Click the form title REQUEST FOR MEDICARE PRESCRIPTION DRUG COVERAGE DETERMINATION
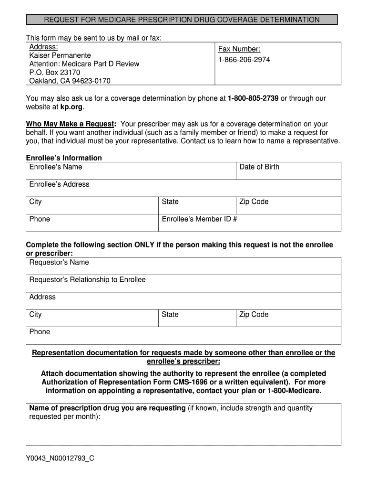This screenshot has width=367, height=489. [182, 20]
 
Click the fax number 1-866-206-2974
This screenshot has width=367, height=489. [244, 60]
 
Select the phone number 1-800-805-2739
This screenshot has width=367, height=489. [253, 98]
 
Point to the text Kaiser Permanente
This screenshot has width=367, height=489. [60, 55]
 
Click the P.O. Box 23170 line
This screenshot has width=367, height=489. [55, 73]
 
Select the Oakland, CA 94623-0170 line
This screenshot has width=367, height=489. [70, 81]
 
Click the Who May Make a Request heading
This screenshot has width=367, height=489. [71, 124]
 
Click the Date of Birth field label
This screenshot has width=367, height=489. [259, 167]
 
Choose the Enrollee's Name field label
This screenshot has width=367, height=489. [56, 167]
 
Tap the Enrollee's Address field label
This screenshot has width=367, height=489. [59, 184]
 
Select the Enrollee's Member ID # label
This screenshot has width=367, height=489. [200, 219]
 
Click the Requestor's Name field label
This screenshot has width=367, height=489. [59, 262]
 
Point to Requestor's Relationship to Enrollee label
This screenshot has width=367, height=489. [87, 279]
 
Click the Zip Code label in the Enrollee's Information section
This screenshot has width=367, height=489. [254, 202]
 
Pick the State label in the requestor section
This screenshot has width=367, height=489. [170, 314]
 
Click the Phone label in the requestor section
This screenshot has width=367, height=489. [40, 332]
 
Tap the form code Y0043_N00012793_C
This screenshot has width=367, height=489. [60, 458]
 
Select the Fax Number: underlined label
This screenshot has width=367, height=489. [239, 49]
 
